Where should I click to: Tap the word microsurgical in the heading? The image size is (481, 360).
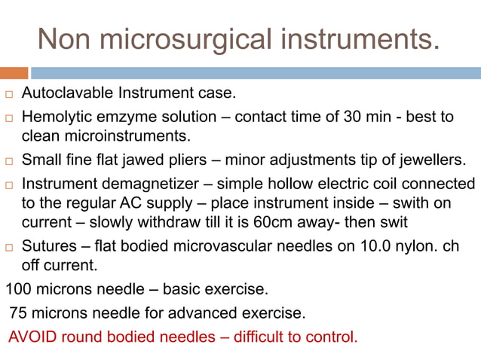coord(188,38)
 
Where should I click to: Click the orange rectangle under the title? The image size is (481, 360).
coord(14,73)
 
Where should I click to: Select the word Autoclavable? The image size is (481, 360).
coord(63,95)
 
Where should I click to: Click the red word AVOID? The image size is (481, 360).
coord(32,336)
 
